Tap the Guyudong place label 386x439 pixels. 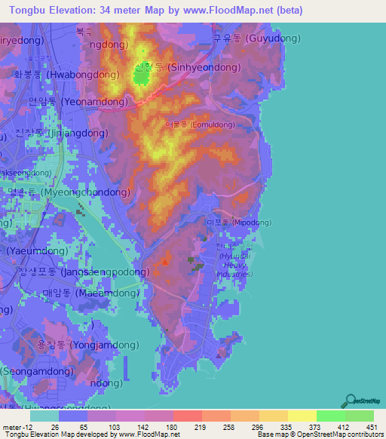point(256,38)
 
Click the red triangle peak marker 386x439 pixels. point(165,262)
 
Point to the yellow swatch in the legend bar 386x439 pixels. point(302,416)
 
